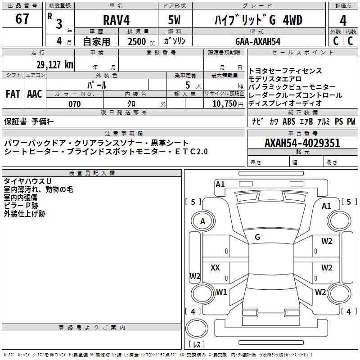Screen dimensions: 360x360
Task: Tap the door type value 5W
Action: tap(174, 20)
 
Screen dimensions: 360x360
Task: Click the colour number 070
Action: tap(75, 104)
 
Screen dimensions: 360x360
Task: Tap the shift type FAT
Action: tap(13, 94)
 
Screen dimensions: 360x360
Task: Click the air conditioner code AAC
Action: tap(35, 94)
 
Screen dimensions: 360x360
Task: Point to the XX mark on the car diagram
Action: tap(215, 268)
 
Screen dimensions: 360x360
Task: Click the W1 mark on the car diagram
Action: tap(221, 292)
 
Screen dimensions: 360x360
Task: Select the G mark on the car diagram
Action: tap(257, 237)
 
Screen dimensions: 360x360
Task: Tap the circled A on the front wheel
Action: tap(202, 221)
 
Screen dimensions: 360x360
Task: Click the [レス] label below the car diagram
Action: tap(196, 345)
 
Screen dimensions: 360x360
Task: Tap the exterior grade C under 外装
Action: tap(335, 41)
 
